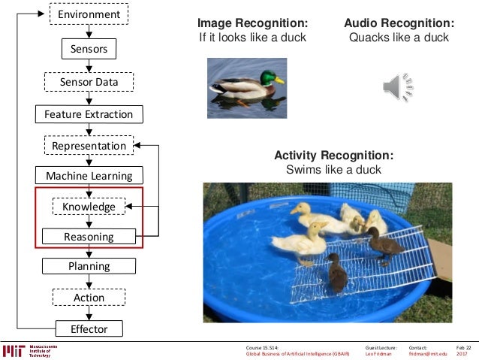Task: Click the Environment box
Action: point(89,14)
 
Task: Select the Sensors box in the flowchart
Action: point(89,50)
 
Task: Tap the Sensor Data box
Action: point(89,82)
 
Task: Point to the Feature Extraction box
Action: point(89,114)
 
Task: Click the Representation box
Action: point(89,146)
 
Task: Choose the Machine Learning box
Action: point(89,176)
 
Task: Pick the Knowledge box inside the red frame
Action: point(89,207)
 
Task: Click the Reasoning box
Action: point(89,237)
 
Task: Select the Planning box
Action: point(89,266)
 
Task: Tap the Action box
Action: point(89,298)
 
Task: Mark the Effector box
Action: point(89,329)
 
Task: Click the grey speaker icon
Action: point(398,88)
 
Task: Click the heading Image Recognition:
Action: point(252,23)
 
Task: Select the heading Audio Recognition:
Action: point(399,23)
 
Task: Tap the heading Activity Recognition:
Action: point(333,156)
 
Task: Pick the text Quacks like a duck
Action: point(399,38)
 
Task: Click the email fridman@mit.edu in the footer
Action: point(428,354)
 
